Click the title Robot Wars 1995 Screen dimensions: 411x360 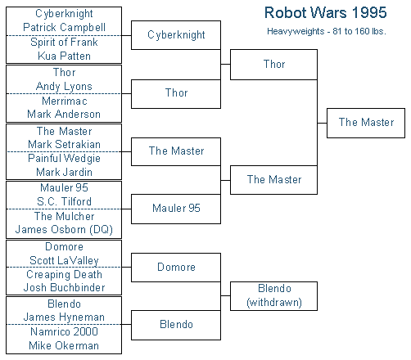[326, 12]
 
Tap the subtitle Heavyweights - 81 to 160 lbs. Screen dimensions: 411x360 [327, 31]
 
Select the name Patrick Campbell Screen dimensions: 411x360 [64, 27]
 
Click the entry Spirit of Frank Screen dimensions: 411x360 [64, 42]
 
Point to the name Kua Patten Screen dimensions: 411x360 [64, 56]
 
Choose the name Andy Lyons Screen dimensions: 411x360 [64, 87]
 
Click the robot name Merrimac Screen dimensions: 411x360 [65, 101]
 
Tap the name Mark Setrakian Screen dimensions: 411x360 [64, 144]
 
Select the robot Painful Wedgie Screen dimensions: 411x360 [64, 159]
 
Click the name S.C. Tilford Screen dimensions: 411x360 [64, 201]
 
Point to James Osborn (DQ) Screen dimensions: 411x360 [64, 229]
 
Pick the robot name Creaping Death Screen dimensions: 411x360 [64, 274]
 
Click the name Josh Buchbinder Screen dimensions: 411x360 [64, 287]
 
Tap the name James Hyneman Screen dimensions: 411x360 [64, 317]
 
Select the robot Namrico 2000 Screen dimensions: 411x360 [64, 331]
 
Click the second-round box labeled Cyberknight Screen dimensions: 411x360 [176, 35]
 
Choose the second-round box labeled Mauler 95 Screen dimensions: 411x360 [176, 209]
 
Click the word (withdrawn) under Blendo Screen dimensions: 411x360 [274, 303]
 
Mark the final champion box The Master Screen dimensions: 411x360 [366, 123]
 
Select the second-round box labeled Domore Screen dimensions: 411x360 [176, 268]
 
